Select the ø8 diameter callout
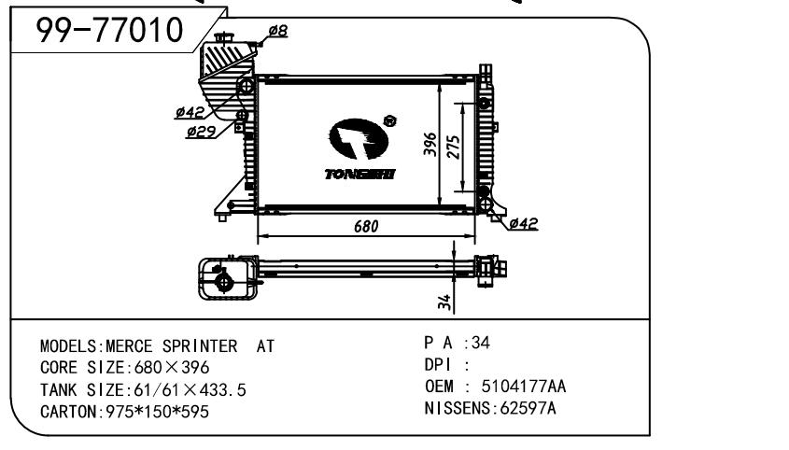point(277,31)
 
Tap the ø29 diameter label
point(200,133)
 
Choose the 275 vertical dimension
point(454,147)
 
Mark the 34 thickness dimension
point(445,302)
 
